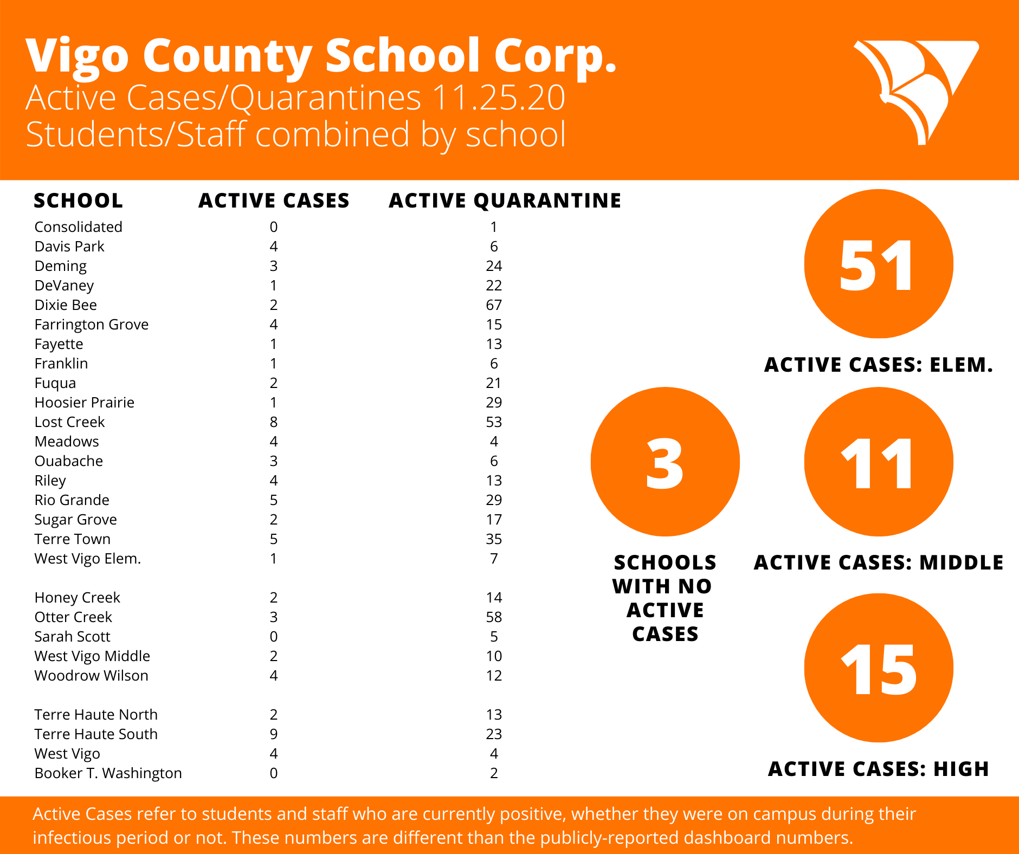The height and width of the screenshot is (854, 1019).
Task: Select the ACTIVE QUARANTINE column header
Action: click(505, 201)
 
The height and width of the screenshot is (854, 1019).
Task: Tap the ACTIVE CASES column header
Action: click(274, 201)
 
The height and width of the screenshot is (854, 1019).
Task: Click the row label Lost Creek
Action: click(69, 422)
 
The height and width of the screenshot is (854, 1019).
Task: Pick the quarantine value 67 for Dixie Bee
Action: click(494, 305)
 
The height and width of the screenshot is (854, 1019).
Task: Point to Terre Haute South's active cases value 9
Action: click(274, 734)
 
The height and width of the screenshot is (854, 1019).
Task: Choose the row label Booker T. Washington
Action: click(108, 773)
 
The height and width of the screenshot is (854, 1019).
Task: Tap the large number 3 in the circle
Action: click(665, 463)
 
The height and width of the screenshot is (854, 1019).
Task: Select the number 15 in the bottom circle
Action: click(879, 670)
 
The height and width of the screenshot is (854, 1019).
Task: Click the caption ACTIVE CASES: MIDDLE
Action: click(879, 562)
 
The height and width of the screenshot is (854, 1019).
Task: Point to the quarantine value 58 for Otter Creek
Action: click(494, 617)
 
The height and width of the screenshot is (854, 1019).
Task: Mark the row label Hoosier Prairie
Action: click(84, 403)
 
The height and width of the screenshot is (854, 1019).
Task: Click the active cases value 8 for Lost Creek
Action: click(274, 422)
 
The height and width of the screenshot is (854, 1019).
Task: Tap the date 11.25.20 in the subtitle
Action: click(499, 98)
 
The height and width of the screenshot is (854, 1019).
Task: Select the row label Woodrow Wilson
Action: click(91, 676)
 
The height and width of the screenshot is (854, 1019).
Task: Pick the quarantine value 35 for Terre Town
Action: click(494, 539)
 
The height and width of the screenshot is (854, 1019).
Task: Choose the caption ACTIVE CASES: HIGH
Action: click(879, 769)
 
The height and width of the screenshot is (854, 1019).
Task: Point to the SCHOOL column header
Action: click(78, 201)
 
